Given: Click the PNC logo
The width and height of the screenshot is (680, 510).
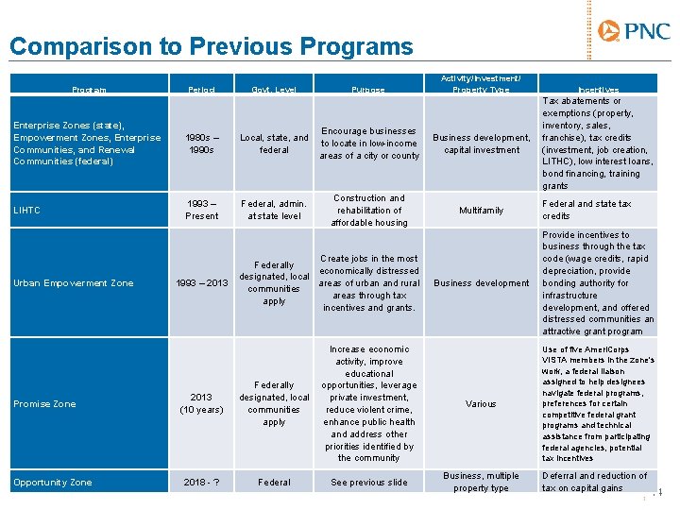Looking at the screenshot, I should pyautogui.click(x=634, y=32).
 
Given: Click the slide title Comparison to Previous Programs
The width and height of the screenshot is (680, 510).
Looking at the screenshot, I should pyautogui.click(x=212, y=47).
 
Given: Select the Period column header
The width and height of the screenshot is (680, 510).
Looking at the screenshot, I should pyautogui.click(x=201, y=90).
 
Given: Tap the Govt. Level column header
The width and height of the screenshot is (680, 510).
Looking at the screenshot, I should pyautogui.click(x=274, y=90).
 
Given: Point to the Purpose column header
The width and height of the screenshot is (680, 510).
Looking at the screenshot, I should pyautogui.click(x=368, y=90).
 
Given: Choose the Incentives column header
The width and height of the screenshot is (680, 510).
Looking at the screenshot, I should pyautogui.click(x=596, y=90).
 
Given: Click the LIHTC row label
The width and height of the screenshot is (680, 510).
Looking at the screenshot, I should pyautogui.click(x=26, y=210).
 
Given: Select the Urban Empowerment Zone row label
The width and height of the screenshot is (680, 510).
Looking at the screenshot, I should pyautogui.click(x=74, y=283).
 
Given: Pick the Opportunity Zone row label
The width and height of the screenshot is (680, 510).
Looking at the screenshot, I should pyautogui.click(x=53, y=483).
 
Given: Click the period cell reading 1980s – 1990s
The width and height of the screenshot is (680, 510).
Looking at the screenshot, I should pyautogui.click(x=201, y=144).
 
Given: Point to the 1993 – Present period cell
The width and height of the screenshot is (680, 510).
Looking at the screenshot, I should pyautogui.click(x=201, y=210).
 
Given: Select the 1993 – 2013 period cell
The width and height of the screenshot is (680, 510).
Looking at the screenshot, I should pyautogui.click(x=200, y=283).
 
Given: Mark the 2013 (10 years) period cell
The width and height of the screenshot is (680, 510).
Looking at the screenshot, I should pyautogui.click(x=201, y=404).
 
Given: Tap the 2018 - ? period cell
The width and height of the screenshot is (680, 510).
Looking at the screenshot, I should pyautogui.click(x=201, y=483).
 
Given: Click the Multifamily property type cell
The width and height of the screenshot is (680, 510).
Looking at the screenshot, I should pyautogui.click(x=481, y=211).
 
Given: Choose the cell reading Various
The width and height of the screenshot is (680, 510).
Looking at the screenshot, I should pyautogui.click(x=481, y=404).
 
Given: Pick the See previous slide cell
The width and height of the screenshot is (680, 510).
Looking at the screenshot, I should pyautogui.click(x=369, y=483).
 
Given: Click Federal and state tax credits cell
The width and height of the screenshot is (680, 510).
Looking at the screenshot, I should pyautogui.click(x=586, y=210).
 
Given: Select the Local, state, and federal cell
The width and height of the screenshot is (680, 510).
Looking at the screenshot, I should pyautogui.click(x=274, y=144).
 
